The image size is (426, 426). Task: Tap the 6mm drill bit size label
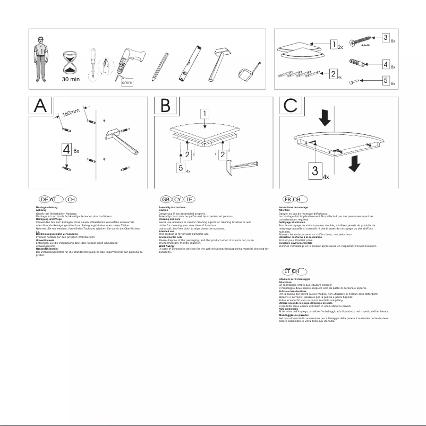(x=127, y=83)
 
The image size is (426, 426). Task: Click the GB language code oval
(x=165, y=199)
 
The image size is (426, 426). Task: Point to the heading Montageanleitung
(x=46, y=207)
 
